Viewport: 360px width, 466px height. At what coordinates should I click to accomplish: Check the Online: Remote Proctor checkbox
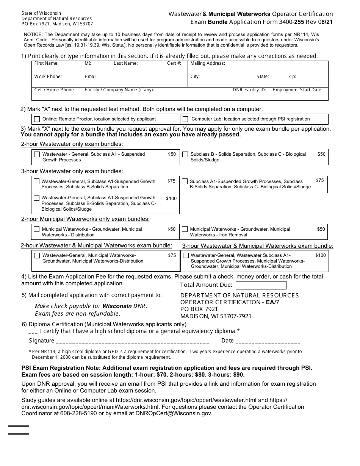[37, 119]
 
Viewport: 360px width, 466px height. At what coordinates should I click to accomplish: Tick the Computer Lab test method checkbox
[185, 119]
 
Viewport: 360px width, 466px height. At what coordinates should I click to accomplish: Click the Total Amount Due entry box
[261, 285]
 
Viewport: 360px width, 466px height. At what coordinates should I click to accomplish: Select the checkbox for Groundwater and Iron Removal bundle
[185, 229]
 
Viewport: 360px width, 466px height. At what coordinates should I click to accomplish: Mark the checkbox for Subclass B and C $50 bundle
[185, 154]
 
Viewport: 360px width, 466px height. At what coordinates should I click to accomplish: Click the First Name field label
[46, 63]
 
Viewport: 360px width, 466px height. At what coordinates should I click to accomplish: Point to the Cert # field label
[174, 63]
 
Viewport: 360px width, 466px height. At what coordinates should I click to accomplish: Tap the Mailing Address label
[208, 63]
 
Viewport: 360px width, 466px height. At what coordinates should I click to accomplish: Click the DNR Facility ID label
[249, 90]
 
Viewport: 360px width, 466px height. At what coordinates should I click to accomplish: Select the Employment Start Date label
[297, 90]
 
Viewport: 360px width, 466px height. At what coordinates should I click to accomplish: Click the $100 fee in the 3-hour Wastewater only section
[171, 199]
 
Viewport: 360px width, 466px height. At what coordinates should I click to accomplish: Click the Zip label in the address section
[292, 77]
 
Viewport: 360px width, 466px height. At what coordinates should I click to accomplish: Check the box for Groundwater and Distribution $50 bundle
[37, 229]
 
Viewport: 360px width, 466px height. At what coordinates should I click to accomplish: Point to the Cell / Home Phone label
[54, 90]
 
